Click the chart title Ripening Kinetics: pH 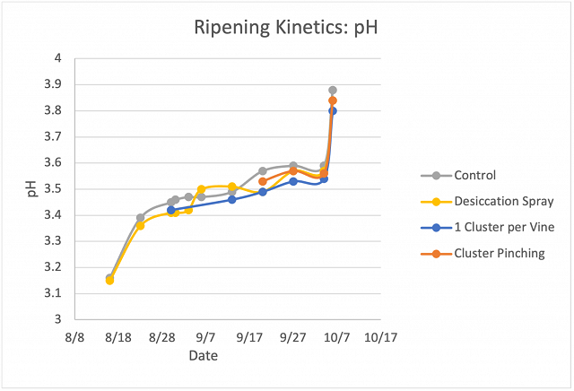pos(285,28)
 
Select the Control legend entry pos(458,176)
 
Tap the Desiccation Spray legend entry pos(487,202)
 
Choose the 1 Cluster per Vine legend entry pos(488,228)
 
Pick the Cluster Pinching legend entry pos(483,254)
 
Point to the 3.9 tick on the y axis pos(53,84)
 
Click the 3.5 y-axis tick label pos(53,189)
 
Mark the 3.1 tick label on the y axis pos(53,293)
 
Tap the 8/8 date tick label pos(74,337)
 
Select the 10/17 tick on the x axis pos(380,337)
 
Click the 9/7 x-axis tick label pos(205,337)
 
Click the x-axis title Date pos(204,355)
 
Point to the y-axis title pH pos(32,189)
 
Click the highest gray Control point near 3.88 pos(333,90)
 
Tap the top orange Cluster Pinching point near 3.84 pos(333,100)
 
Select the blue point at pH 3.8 pos(333,111)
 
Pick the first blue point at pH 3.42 pos(171,210)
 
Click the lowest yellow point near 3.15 pos(109,281)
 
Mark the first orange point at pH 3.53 pos(263,181)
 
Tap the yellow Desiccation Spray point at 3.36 pos(140,226)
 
